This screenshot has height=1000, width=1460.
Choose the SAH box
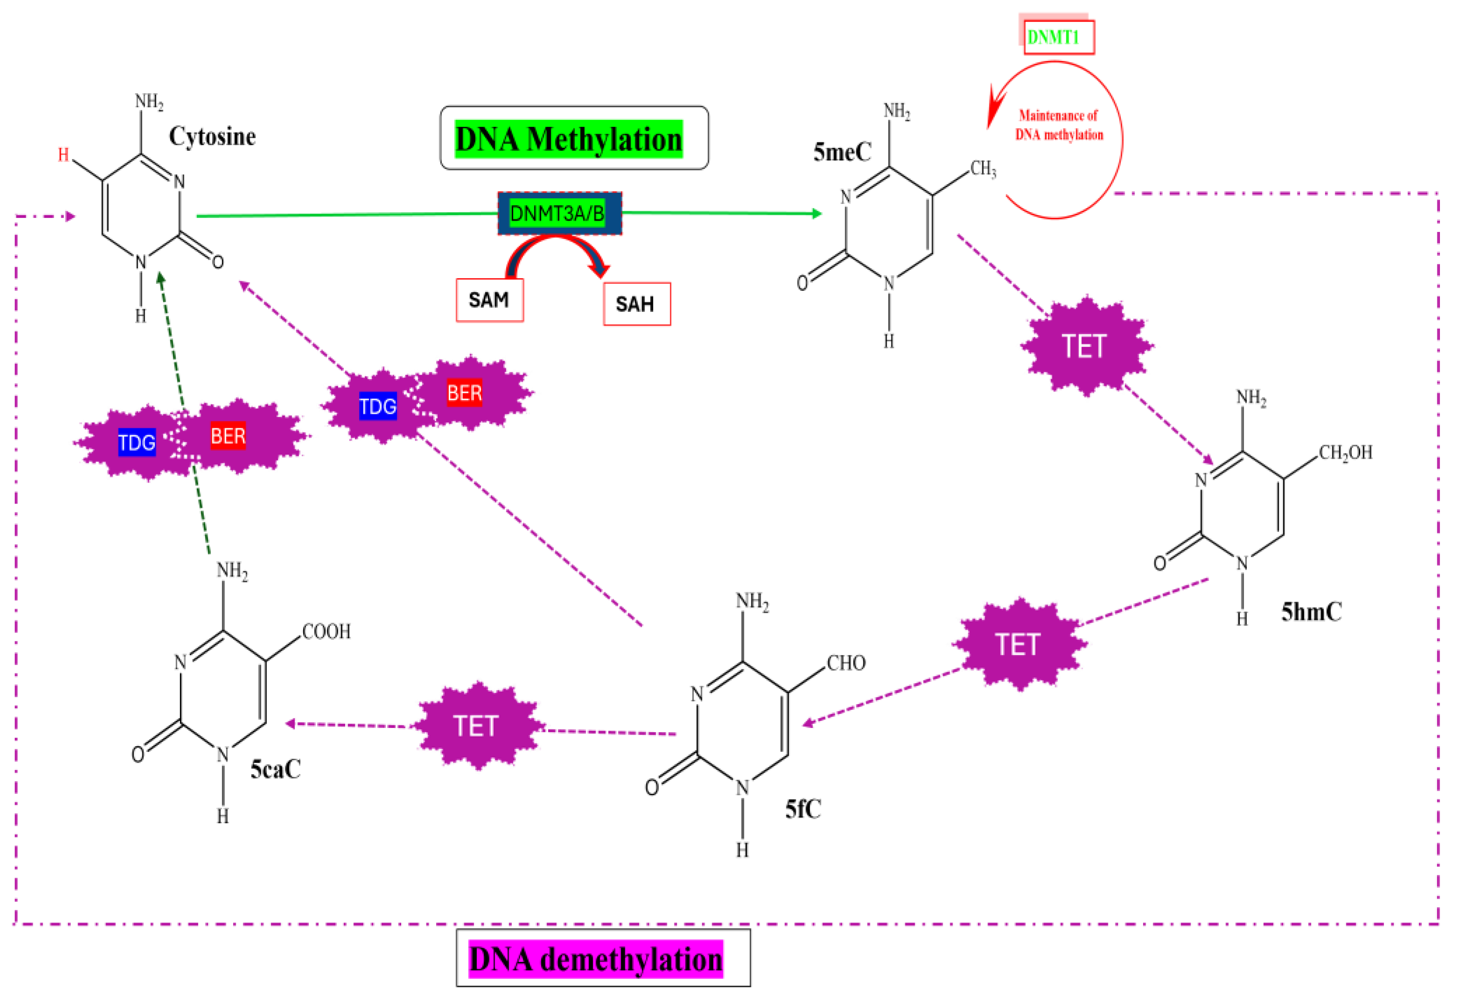636,304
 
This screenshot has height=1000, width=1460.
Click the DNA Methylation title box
574,138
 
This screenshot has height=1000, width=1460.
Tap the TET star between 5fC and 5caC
478,727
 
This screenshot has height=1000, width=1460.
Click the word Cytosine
212,136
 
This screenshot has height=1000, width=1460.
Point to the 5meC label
842,152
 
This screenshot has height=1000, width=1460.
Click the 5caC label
275,769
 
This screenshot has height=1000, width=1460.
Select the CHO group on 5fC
846,663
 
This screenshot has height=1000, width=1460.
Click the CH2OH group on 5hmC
1345,453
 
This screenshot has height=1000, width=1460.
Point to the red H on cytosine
63,154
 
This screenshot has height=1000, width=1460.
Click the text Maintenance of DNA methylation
1059,125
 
